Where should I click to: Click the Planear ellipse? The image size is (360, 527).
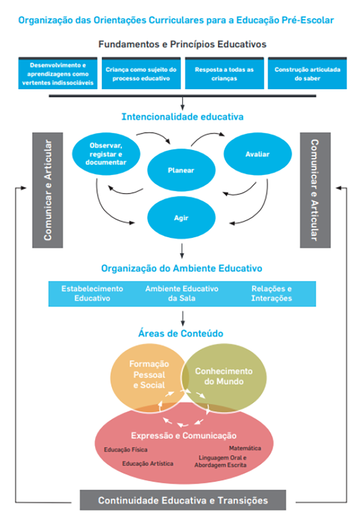pyautogui.click(x=181, y=170)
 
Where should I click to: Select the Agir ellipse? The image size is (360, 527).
pyautogui.click(x=181, y=217)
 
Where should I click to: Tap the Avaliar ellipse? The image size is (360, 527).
pyautogui.click(x=258, y=154)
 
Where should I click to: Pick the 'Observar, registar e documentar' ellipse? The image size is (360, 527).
pyautogui.click(x=106, y=154)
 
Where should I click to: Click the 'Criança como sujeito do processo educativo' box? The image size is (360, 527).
pyautogui.click(x=141, y=74)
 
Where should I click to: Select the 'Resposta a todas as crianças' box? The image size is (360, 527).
pyautogui.click(x=224, y=74)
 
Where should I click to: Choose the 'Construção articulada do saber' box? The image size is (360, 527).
pyautogui.click(x=307, y=74)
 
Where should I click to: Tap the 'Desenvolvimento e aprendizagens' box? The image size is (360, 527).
pyautogui.click(x=58, y=74)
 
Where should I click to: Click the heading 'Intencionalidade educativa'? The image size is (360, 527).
pyautogui.click(x=182, y=117)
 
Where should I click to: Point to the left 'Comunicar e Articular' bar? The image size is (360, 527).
pyautogui.click(x=47, y=190)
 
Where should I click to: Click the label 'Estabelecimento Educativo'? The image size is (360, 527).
pyautogui.click(x=92, y=293)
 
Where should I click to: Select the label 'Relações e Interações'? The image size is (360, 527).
pyautogui.click(x=271, y=293)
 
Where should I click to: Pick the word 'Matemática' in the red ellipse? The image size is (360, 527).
pyautogui.click(x=245, y=448)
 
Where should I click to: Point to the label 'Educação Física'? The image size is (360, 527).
pyautogui.click(x=126, y=450)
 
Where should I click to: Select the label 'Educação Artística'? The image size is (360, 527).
pyautogui.click(x=148, y=463)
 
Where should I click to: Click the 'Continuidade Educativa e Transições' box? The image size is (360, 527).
pyautogui.click(x=183, y=501)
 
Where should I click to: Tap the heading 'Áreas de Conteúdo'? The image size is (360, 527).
pyautogui.click(x=180, y=334)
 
